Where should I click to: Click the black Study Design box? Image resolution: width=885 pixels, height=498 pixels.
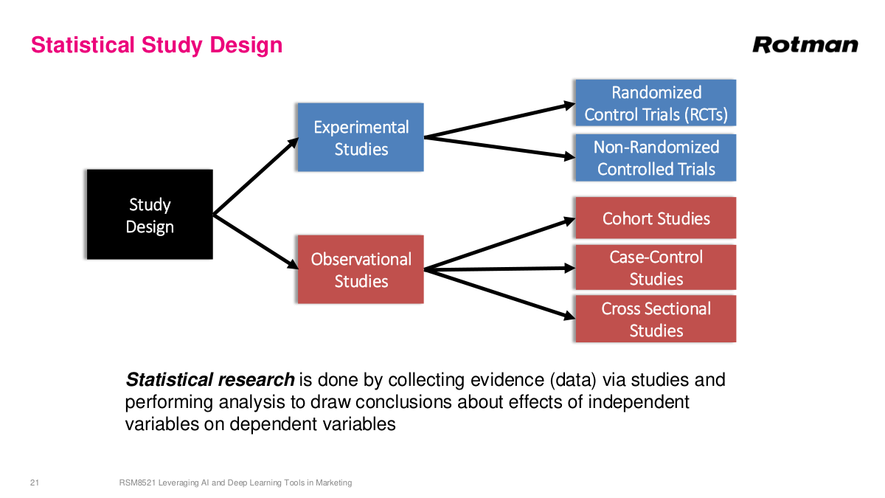tap(150, 215)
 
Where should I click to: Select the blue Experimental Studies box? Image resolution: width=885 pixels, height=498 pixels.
tap(360, 137)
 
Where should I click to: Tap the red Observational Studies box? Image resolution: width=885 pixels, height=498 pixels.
tap(360, 269)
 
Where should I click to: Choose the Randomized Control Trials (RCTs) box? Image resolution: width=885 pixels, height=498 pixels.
tap(655, 103)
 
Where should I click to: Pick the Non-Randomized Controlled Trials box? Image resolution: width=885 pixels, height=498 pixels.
tap(655, 158)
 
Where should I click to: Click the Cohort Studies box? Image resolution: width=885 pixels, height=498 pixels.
tap(655, 218)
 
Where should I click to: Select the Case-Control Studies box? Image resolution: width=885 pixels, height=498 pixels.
tap(655, 267)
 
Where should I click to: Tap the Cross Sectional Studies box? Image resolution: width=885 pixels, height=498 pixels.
tap(655, 319)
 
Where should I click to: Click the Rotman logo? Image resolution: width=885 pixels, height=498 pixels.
tap(805, 45)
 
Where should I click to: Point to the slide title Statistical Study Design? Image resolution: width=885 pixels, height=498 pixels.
tap(156, 45)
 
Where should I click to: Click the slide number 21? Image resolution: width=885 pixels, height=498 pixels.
tap(34, 483)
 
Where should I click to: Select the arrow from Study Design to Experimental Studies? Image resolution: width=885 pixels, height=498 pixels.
tap(254, 176)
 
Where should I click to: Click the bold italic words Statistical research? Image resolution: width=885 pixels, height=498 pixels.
tap(210, 380)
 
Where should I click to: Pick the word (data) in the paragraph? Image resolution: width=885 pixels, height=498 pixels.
tap(574, 380)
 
